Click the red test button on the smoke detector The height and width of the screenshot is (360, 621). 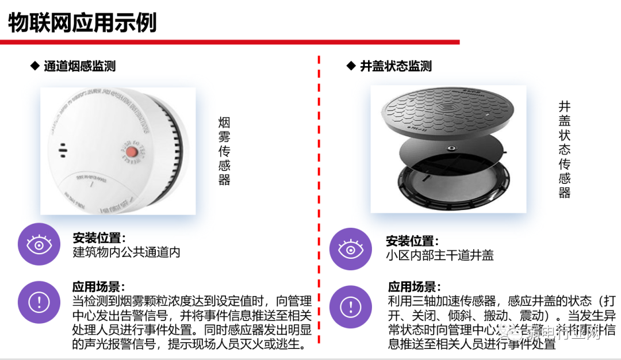pos(132,152)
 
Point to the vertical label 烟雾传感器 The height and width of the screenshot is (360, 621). pos(224,151)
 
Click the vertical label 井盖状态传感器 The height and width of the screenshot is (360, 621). pos(564,150)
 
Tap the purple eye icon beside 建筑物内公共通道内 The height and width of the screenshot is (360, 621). pos(39,245)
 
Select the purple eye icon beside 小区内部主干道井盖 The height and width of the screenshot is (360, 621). pos(350,249)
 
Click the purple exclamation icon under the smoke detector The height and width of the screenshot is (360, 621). pos(39,301)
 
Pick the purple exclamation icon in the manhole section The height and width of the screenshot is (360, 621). pos(350,307)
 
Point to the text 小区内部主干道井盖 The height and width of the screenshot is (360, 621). pos(440,256)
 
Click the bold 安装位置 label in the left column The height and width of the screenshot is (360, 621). pos(98,238)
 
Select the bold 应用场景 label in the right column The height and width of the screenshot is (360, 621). pos(414,286)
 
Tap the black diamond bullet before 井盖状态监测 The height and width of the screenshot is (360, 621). pos(351,66)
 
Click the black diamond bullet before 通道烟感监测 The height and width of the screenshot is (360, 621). pos(34,66)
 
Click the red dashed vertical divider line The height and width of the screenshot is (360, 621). pos(319,201)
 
